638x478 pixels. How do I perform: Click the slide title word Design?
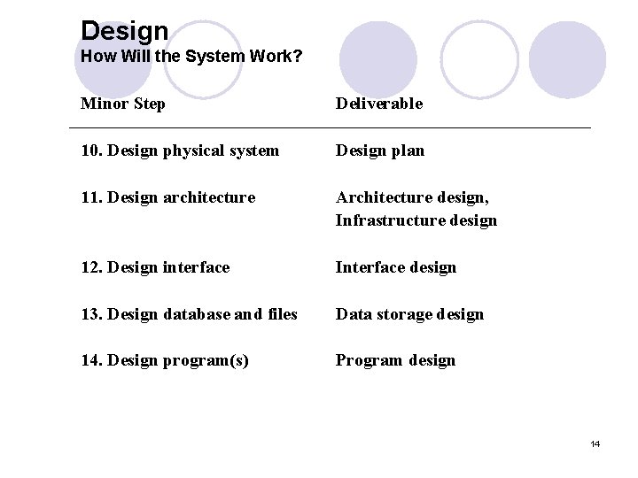point(124,31)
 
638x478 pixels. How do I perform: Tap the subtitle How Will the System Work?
point(191,57)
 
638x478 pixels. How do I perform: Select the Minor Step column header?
point(122,104)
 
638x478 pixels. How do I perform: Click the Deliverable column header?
point(378,104)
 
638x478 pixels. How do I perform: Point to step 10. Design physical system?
point(179,150)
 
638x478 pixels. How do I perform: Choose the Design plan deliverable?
point(379,150)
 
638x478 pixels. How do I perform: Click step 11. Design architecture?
point(167,197)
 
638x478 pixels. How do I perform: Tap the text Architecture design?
point(412,197)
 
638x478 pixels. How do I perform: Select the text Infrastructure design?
point(416,220)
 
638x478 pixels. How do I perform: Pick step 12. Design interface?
point(155,267)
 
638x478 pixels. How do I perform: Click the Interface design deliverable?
point(395,267)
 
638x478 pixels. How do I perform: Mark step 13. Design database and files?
point(189,314)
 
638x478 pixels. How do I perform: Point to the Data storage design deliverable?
point(409,314)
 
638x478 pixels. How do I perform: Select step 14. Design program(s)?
point(164,360)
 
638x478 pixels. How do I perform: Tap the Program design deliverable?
point(395,360)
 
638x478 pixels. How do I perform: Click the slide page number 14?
point(595,443)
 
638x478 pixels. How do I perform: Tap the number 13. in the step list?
point(91,314)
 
